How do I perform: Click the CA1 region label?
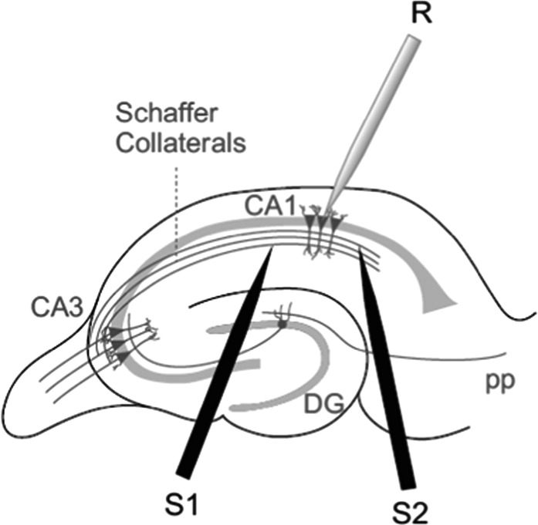270,206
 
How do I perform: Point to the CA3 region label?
57,308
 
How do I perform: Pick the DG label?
324,404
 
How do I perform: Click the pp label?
501,382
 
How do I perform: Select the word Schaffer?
167,113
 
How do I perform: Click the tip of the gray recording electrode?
327,209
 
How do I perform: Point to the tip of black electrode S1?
272,249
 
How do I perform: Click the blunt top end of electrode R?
414,39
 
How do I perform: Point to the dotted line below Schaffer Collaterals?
176,212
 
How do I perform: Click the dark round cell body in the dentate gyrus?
282,324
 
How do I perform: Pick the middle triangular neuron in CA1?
322,222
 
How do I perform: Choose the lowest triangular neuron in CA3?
124,356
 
